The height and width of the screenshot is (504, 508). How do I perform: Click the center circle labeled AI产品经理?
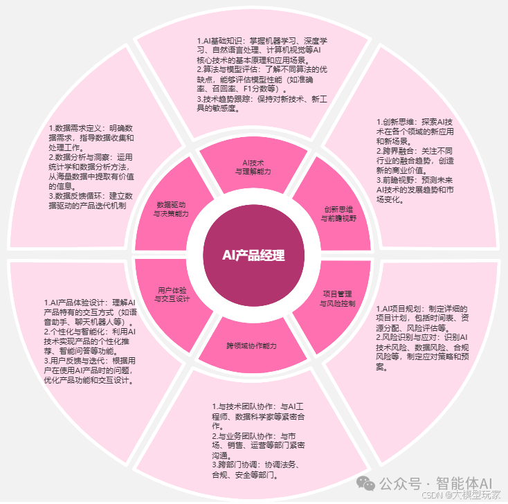253,255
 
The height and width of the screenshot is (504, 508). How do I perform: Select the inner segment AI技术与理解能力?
252,166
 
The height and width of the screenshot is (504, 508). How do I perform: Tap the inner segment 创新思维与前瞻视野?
338,213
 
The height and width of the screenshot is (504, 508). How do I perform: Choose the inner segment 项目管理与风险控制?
338,298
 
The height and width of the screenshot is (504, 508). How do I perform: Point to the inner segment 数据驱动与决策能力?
171,209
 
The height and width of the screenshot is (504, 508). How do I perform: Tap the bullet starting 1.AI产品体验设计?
90,312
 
